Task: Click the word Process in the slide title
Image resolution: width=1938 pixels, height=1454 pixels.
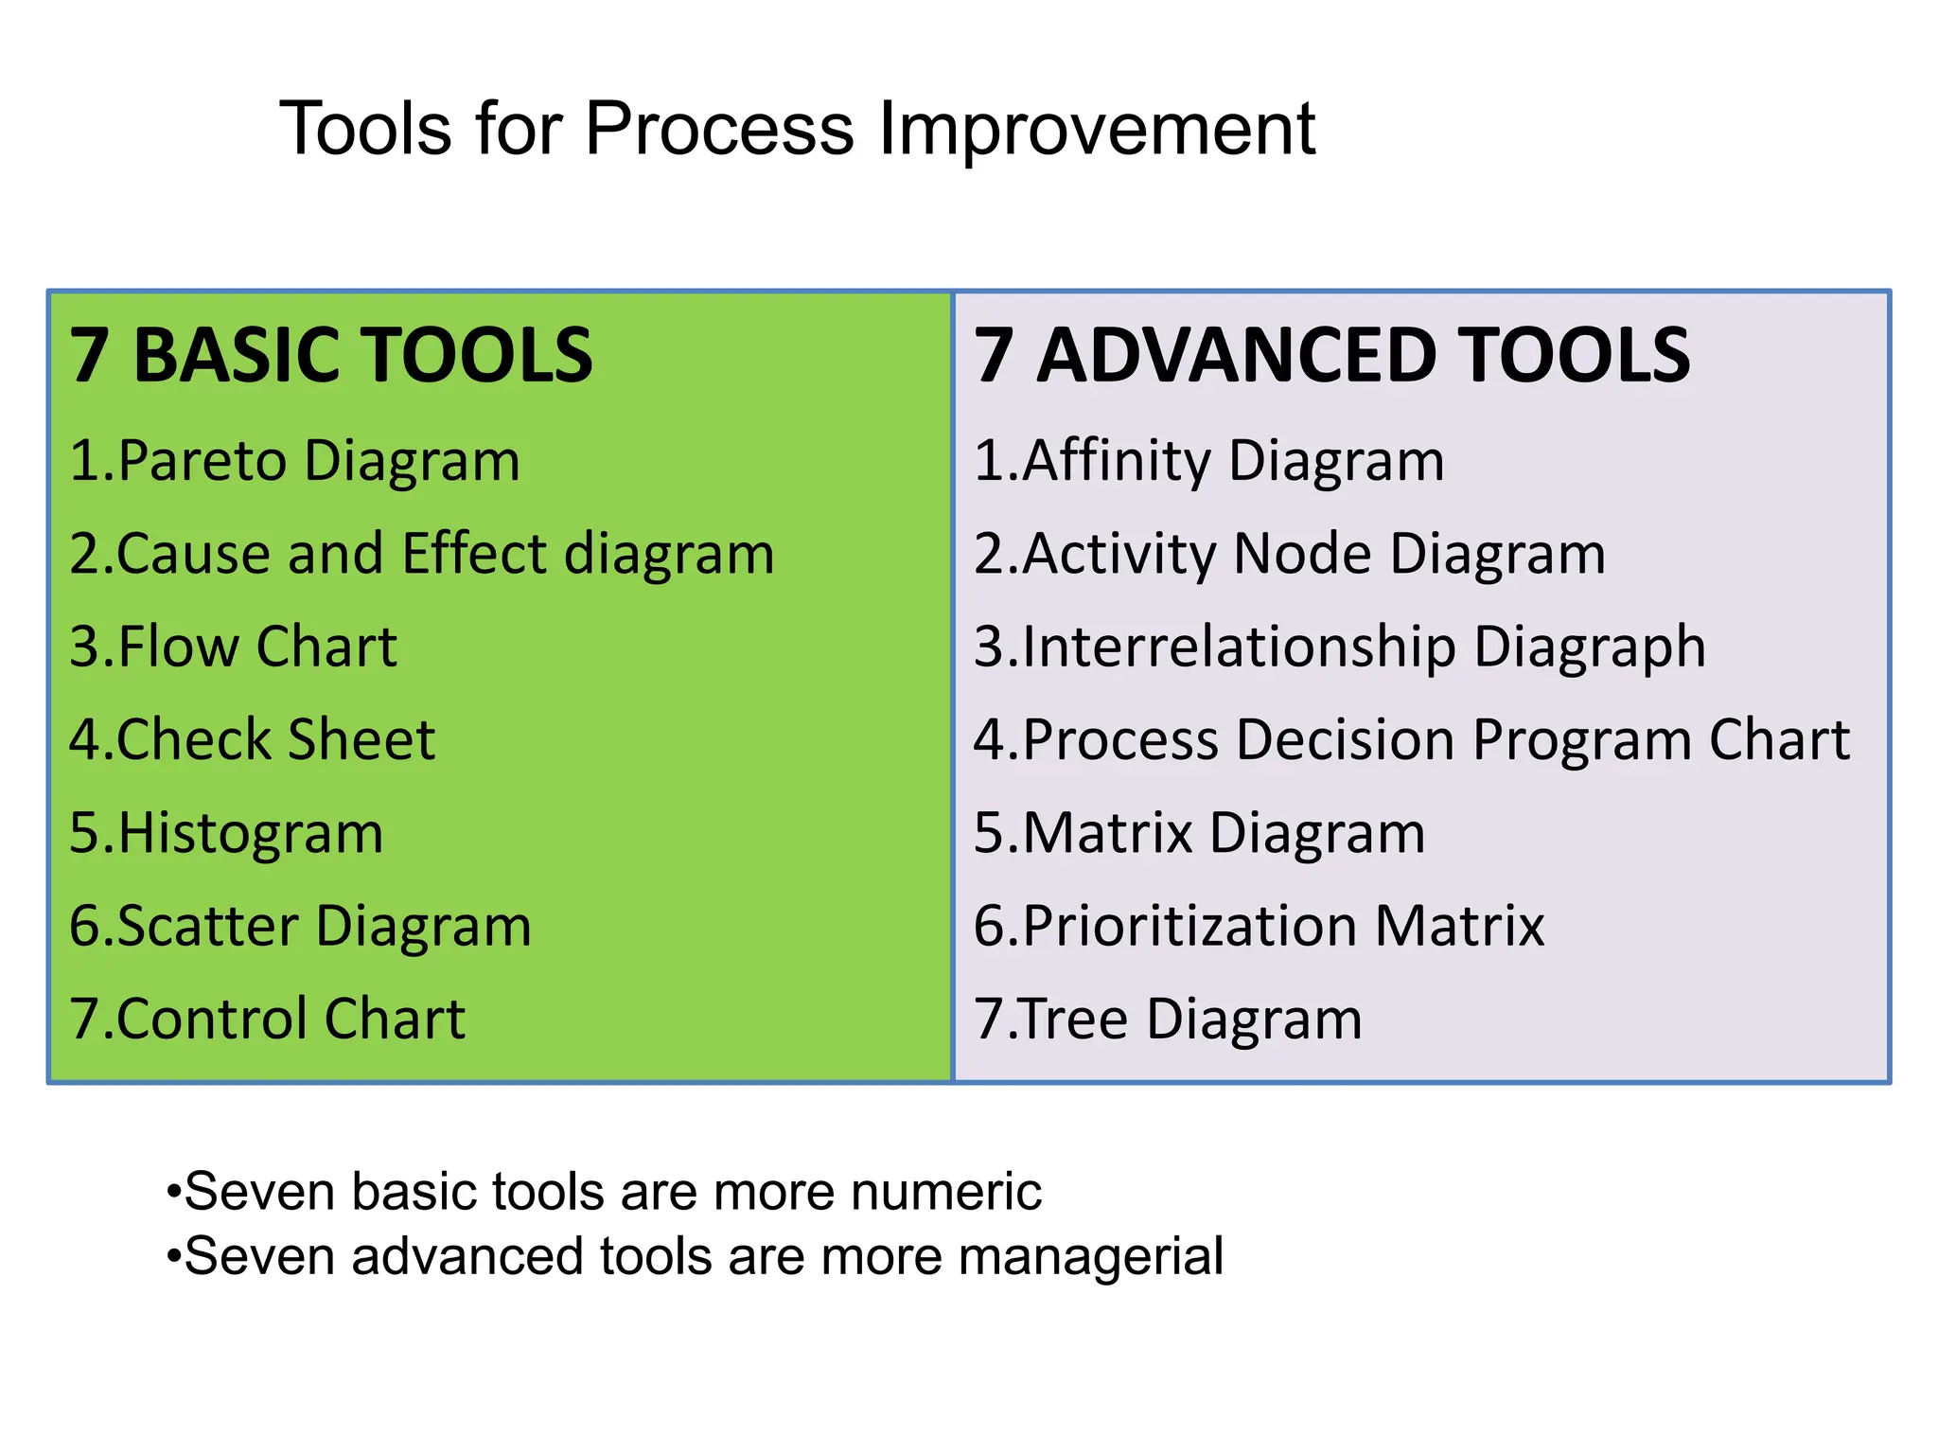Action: pos(719,129)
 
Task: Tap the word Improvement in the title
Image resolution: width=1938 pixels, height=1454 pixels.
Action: pos(1097,129)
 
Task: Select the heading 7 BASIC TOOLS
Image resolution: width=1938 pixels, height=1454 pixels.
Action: pos(331,355)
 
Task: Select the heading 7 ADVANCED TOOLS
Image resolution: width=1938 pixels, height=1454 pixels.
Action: pos(1331,355)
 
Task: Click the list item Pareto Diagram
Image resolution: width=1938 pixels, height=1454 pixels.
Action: pos(295,461)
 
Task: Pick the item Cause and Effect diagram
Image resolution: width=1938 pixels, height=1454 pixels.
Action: pos(422,554)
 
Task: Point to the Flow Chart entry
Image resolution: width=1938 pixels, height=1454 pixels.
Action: pos(234,647)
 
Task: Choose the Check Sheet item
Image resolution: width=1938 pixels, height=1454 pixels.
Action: pos(253,739)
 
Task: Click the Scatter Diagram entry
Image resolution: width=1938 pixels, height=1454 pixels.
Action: pos(301,926)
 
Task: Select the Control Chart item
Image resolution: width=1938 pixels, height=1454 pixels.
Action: pos(268,1019)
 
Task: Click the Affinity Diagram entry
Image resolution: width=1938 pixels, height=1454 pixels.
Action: pos(1209,461)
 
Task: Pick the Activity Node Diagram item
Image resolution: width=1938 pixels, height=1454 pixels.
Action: pos(1290,554)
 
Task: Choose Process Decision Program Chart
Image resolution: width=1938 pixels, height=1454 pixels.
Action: pos(1412,739)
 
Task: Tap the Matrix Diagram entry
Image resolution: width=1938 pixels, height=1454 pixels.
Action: pos(1200,833)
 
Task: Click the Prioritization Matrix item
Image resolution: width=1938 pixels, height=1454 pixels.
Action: pos(1260,926)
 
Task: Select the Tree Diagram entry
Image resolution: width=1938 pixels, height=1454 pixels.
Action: pos(1169,1019)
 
